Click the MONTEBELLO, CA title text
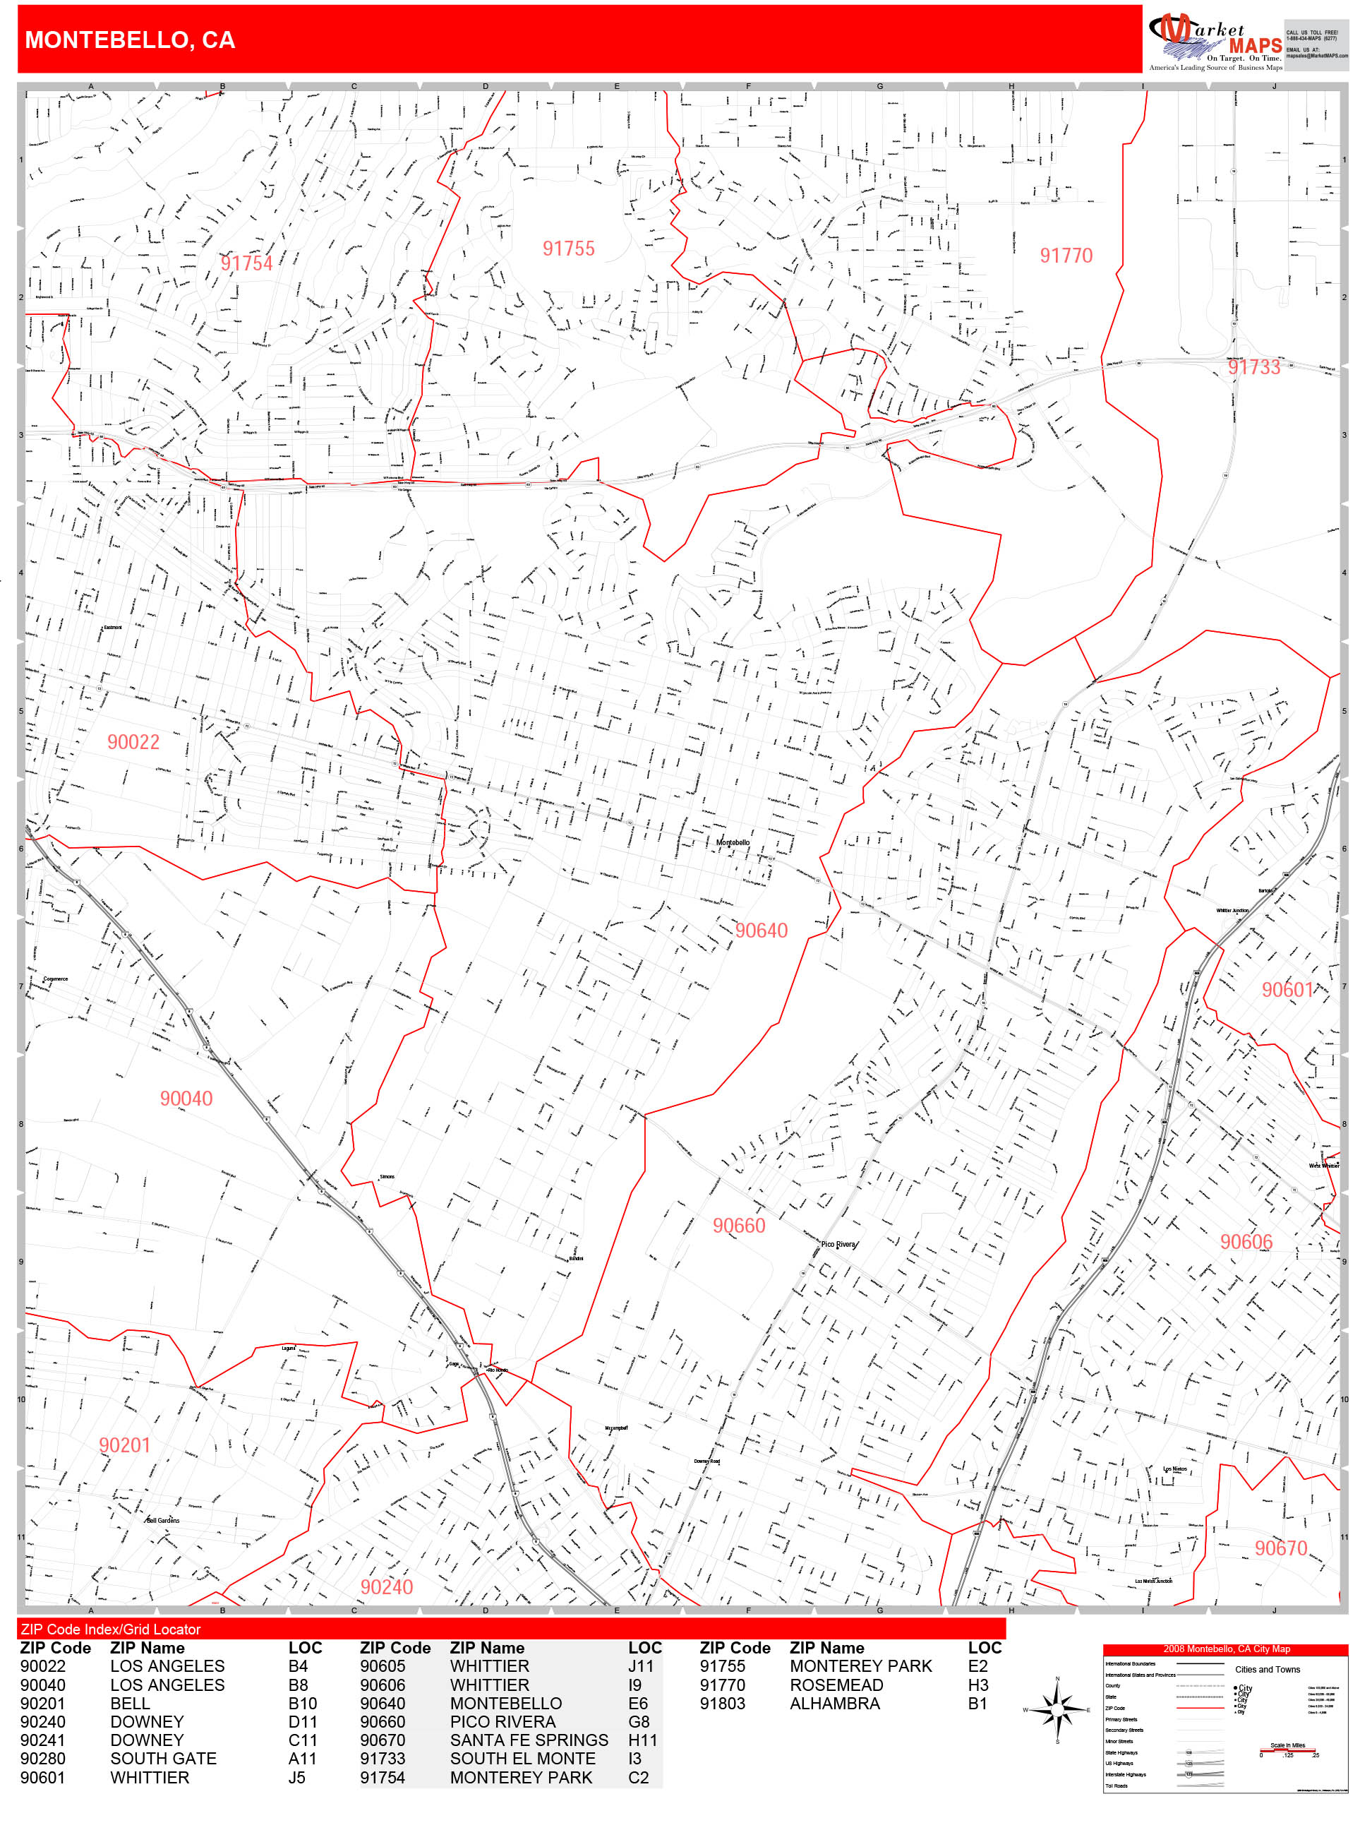click(130, 40)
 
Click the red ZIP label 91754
click(246, 263)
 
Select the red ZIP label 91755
click(568, 249)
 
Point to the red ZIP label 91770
click(1065, 256)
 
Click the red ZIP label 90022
click(133, 742)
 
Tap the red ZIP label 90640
click(761, 931)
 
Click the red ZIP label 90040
click(186, 1099)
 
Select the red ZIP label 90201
click(125, 1445)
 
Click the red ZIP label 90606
click(1246, 1242)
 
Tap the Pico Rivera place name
click(838, 1244)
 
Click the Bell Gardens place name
click(162, 1521)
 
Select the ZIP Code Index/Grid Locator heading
click(111, 1629)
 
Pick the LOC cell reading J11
click(640, 1666)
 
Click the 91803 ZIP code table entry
click(722, 1704)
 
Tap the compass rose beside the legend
click(1057, 1709)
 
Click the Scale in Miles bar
click(1287, 1750)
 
